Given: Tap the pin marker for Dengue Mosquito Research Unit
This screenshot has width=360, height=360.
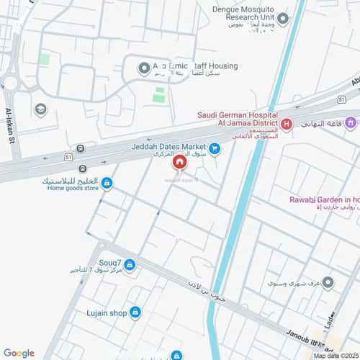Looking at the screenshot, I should coord(283,19).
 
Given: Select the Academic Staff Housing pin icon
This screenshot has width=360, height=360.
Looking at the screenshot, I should coord(143,68).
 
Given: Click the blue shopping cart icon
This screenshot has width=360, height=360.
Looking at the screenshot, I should coord(215,149).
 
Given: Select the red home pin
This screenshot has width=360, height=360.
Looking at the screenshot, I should coord(179,164).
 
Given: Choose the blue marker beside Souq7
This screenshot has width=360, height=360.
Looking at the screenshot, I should coord(130,265).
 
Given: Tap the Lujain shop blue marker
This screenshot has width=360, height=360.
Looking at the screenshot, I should coord(135,312).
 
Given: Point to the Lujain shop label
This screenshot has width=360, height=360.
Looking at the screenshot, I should coord(108,312).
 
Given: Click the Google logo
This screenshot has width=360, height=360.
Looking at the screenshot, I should coord(18,353).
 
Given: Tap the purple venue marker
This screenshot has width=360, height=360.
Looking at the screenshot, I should coord(351,124).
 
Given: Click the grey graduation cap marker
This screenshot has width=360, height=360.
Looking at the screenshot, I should coord(40,109).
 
